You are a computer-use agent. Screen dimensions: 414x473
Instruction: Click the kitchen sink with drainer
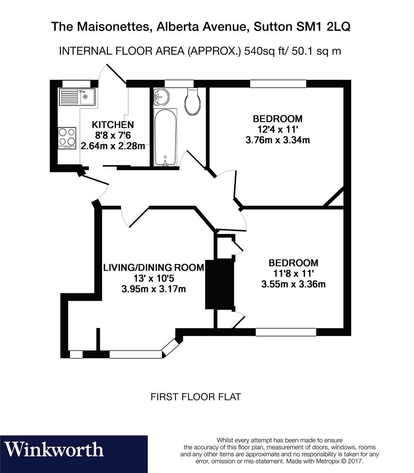[x=77, y=96]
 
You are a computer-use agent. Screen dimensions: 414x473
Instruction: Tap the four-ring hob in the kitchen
[x=67, y=138]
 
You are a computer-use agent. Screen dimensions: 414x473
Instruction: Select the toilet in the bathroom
[x=193, y=101]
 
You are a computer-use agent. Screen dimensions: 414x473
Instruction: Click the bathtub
[x=165, y=137]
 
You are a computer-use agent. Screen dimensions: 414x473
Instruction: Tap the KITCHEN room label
[x=113, y=125]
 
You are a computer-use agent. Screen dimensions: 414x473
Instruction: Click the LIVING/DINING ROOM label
[x=154, y=267]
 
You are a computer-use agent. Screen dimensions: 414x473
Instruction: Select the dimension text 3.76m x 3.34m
[x=277, y=140]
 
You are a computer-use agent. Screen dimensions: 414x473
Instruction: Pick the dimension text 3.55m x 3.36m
[x=293, y=284]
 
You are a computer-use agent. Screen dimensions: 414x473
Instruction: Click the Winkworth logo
[x=54, y=450]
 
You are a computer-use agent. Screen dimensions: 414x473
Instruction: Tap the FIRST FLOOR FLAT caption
[x=195, y=397]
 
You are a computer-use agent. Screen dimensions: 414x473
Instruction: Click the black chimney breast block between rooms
[x=219, y=284]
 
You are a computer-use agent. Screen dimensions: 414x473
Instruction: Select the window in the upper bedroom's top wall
[x=278, y=84]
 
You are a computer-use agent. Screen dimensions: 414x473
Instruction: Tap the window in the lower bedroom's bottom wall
[x=286, y=332]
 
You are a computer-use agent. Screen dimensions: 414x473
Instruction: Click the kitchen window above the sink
[x=76, y=84]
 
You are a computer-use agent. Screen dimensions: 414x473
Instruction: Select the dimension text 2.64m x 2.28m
[x=113, y=146]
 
